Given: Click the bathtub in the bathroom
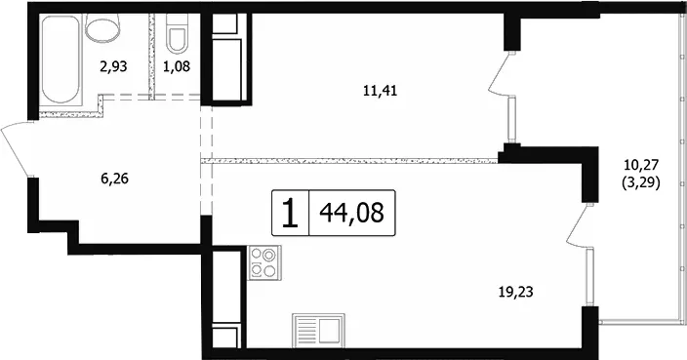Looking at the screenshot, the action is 61,60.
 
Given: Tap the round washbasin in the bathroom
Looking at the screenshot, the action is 103,27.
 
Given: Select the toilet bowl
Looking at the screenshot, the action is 178,33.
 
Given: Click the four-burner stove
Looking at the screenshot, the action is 264,262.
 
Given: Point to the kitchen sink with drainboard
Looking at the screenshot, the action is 318,329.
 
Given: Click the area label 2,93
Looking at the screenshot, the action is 113,67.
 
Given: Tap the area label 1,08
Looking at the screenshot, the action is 177,67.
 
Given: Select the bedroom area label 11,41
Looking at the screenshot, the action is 381,91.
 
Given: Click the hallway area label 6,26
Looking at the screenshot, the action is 114,179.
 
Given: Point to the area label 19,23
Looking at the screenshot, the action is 516,292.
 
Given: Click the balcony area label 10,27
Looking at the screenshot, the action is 641,166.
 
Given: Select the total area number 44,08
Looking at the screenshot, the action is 352,214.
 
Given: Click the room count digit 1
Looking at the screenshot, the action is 290,214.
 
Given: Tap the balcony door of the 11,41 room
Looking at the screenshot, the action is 501,73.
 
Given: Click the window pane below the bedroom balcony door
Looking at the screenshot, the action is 510,120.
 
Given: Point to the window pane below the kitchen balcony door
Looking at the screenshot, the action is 589,277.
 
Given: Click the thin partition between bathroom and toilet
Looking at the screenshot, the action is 152,56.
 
